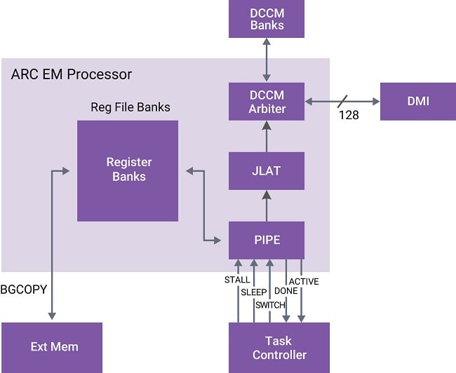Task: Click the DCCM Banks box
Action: pyautogui.click(x=267, y=19)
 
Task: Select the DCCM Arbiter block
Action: pyautogui.click(x=267, y=102)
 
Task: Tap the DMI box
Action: pyautogui.click(x=417, y=102)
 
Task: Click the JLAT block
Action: pyautogui.click(x=267, y=170)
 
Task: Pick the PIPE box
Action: pyautogui.click(x=267, y=240)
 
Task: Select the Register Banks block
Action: pyautogui.click(x=128, y=169)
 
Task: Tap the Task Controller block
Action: pyautogui.click(x=279, y=348)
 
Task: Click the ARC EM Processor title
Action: pyautogui.click(x=72, y=74)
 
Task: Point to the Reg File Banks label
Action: pyautogui.click(x=130, y=107)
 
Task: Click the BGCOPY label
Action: pyautogui.click(x=23, y=289)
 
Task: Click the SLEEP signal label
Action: pyautogui.click(x=254, y=292)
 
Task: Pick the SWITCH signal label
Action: pyautogui.click(x=270, y=305)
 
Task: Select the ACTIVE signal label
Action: pyautogui.click(x=304, y=282)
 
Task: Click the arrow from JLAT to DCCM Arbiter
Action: pyautogui.click(x=267, y=136)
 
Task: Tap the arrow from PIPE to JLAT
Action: pyautogui.click(x=267, y=205)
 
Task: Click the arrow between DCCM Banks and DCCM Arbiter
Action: pyautogui.click(x=267, y=60)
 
